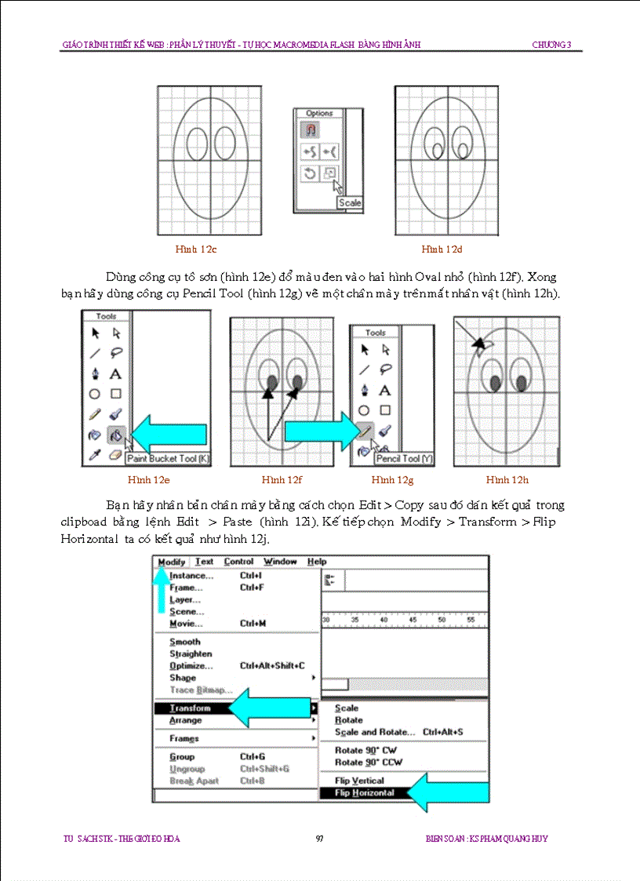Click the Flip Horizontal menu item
[x=365, y=793]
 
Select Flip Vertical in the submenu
[x=359, y=781]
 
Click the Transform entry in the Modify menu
[x=190, y=708]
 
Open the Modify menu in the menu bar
[x=171, y=562]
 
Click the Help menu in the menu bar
[x=317, y=562]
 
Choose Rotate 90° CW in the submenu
[x=365, y=750]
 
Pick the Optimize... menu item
[x=191, y=666]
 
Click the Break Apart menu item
[x=194, y=781]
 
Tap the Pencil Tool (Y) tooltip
[x=403, y=459]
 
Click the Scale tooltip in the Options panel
[x=350, y=203]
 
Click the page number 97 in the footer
[x=319, y=839]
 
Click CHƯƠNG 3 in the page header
[x=556, y=45]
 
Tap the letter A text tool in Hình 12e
[x=115, y=374]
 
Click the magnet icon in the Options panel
[x=310, y=130]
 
